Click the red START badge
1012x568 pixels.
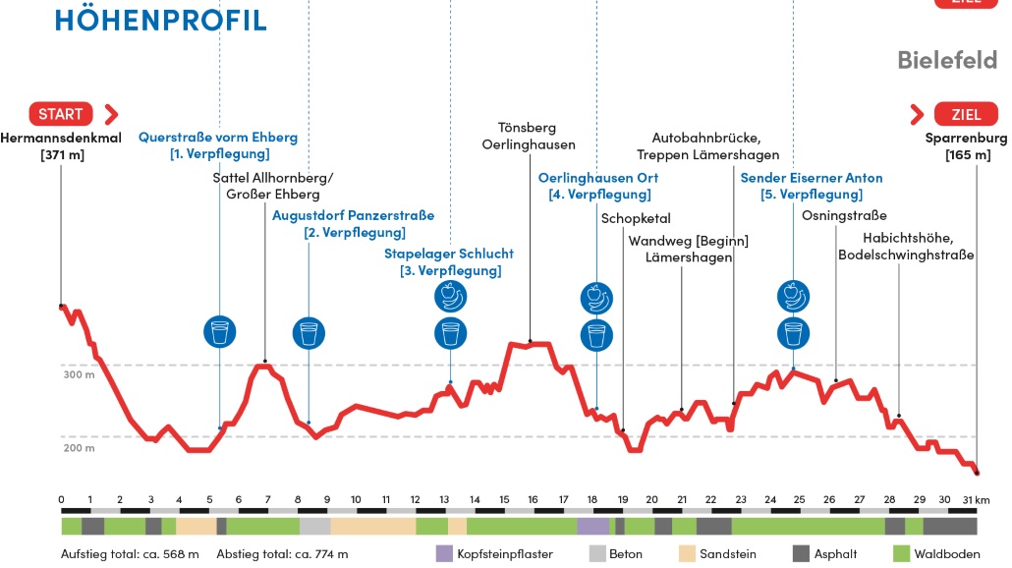pyautogui.click(x=61, y=113)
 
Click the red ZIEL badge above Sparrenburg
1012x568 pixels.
pyautogui.click(x=966, y=113)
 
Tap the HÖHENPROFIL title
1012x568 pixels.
pyautogui.click(x=161, y=19)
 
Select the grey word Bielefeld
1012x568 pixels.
pyautogui.click(x=946, y=60)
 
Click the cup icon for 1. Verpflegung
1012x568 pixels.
pyautogui.click(x=219, y=332)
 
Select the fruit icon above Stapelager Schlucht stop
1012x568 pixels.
pyautogui.click(x=451, y=296)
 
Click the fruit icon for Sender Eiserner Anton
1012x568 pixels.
pyautogui.click(x=793, y=295)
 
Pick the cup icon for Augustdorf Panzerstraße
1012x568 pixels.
pyautogui.click(x=309, y=333)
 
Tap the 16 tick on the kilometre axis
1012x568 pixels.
pyautogui.click(x=533, y=499)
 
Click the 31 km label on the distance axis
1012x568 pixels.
pyautogui.click(x=976, y=499)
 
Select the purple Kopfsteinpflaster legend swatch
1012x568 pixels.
pyautogui.click(x=444, y=553)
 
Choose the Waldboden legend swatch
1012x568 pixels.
pyautogui.click(x=902, y=553)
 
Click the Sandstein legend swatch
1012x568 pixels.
pyautogui.click(x=688, y=553)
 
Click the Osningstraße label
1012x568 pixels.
pyautogui.click(x=844, y=216)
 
